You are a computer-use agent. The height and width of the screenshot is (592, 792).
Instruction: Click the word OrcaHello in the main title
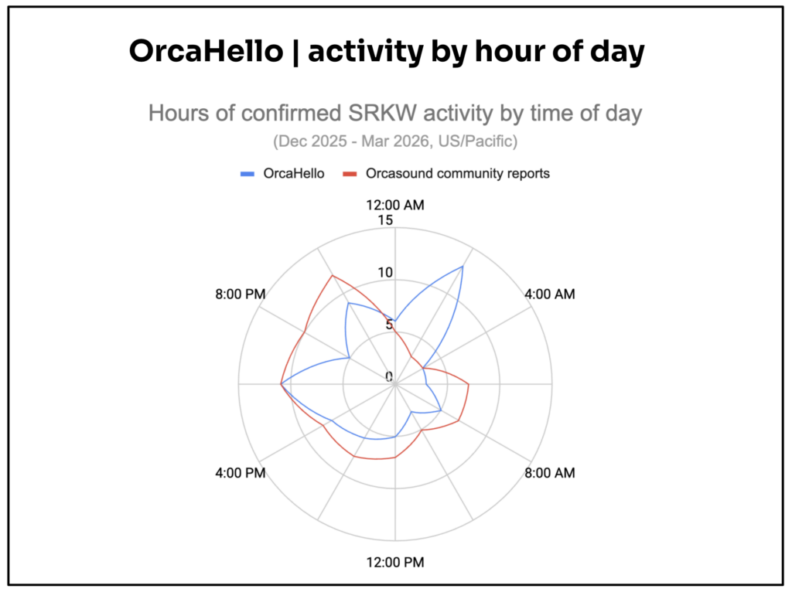click(x=206, y=51)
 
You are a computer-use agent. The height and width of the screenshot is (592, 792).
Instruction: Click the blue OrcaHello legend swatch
click(x=247, y=174)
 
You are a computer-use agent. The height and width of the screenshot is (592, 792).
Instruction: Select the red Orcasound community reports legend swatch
click(x=350, y=174)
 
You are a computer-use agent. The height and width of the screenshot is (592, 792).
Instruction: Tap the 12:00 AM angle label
click(x=395, y=205)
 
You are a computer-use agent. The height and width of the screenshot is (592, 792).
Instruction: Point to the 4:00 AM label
click(x=550, y=294)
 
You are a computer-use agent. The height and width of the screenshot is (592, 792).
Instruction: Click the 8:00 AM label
click(x=550, y=473)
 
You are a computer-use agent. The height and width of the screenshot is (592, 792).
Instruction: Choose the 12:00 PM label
click(x=395, y=562)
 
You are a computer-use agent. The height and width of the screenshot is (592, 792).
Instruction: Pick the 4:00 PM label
click(x=241, y=473)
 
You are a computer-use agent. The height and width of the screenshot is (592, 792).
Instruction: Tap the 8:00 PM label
click(x=241, y=294)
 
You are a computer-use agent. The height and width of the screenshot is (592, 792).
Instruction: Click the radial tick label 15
click(x=385, y=220)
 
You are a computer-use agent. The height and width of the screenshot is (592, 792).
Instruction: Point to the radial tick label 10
click(x=385, y=273)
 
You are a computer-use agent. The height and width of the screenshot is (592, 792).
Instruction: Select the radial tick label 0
click(x=389, y=376)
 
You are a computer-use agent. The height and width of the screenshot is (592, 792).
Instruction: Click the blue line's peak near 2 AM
click(x=463, y=266)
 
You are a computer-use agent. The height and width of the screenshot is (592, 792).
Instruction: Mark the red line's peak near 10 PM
click(x=332, y=275)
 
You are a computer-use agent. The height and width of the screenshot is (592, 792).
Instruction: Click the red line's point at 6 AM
click(x=469, y=385)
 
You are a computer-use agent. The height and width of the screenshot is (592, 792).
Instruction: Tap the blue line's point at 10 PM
click(x=348, y=303)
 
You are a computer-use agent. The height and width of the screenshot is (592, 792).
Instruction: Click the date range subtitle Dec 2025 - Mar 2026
click(x=395, y=141)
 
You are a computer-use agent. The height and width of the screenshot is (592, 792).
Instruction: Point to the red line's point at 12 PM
click(x=395, y=458)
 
